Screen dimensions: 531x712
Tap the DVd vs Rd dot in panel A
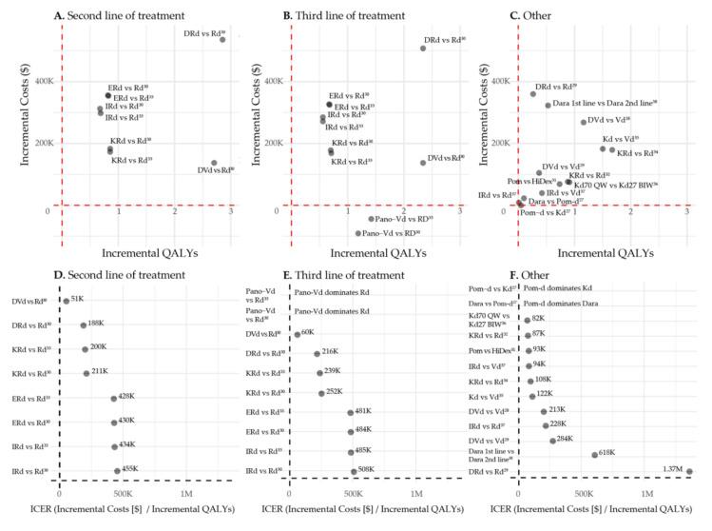[x=214, y=163]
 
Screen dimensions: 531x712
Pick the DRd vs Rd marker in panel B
[x=423, y=49]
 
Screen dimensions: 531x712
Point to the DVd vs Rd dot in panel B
[x=422, y=163]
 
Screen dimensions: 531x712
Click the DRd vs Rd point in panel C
[x=533, y=94]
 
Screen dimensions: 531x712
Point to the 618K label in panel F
[x=609, y=454]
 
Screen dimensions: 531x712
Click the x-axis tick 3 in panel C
[x=686, y=223]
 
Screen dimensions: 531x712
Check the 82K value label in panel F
[x=538, y=319]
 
